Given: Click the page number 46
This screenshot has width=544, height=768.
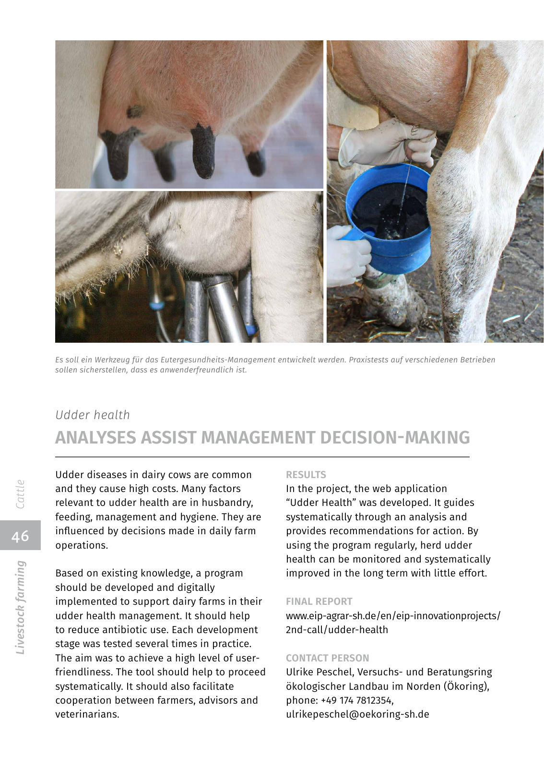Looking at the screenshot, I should pyautogui.click(x=20, y=536).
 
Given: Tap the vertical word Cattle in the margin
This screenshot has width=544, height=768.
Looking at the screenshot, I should pyautogui.click(x=20, y=494).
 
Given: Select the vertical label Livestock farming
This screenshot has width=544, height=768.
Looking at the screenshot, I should pyautogui.click(x=20, y=607).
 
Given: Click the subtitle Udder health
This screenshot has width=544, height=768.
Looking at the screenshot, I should pyautogui.click(x=93, y=415).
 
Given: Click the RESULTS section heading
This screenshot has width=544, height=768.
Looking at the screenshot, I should pyautogui.click(x=306, y=475).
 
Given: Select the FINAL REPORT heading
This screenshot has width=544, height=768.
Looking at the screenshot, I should pyautogui.click(x=319, y=601).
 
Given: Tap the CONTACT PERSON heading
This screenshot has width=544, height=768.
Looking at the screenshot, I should pyautogui.click(x=327, y=658).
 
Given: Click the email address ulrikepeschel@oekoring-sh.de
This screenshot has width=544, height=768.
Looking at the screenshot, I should pyautogui.click(x=357, y=714).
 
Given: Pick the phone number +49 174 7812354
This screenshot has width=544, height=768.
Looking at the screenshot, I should pyautogui.click(x=356, y=700).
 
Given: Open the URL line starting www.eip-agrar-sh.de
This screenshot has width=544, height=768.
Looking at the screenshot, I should pyautogui.click(x=393, y=616).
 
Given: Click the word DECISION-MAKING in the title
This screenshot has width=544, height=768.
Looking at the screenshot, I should pyautogui.click(x=394, y=438).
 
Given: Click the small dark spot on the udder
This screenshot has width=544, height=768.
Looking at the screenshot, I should pyautogui.click(x=135, y=111).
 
